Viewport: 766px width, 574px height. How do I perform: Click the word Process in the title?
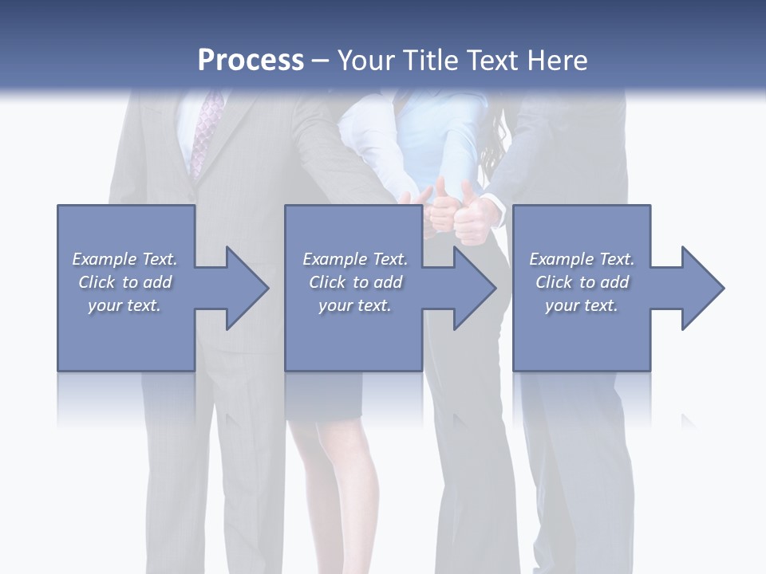point(251,61)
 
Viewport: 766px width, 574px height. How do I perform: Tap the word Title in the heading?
point(431,61)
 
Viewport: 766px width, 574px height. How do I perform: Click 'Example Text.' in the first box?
point(124,259)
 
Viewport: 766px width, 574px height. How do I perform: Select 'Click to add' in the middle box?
point(355,282)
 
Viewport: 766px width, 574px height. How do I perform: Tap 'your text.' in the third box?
point(581,305)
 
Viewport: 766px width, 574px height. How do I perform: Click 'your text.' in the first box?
point(124,305)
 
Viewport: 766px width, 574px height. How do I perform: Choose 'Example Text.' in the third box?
point(582,259)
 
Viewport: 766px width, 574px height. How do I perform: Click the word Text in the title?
point(495,61)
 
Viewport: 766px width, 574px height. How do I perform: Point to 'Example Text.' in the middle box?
point(355,259)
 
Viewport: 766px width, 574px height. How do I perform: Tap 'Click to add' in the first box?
point(124,282)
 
